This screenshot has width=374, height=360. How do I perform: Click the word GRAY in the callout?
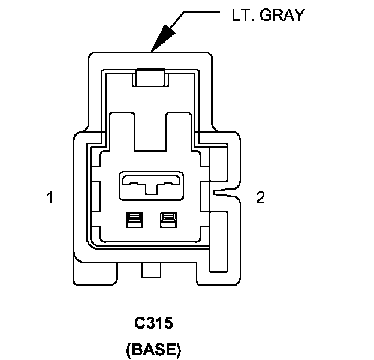(x=282, y=15)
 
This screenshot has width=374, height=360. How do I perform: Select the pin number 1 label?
(x=50, y=197)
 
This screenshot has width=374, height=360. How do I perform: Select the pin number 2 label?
(x=260, y=197)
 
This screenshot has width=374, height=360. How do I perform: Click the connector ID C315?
(x=154, y=323)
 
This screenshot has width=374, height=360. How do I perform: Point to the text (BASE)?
(x=153, y=349)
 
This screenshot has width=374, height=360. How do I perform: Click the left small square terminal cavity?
(x=134, y=220)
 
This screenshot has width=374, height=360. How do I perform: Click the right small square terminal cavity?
(x=168, y=220)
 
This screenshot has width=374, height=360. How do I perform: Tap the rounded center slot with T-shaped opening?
(x=152, y=185)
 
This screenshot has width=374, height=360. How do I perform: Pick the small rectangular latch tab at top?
(x=150, y=77)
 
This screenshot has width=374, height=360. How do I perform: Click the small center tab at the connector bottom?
(x=152, y=270)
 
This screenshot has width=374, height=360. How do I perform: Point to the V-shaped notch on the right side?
(x=225, y=192)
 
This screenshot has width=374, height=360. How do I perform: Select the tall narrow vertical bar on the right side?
(x=218, y=242)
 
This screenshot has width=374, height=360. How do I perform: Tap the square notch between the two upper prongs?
(x=150, y=132)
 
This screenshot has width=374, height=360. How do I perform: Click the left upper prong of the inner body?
(x=122, y=132)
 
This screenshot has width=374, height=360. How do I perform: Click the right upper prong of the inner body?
(x=179, y=132)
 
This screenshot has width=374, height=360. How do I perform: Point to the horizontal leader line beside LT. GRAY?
(x=202, y=11)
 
